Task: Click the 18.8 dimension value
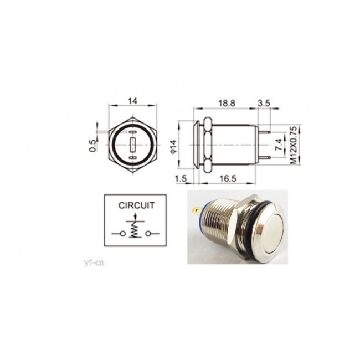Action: (227, 104)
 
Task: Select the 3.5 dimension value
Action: (264, 104)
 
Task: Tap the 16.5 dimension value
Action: (228, 179)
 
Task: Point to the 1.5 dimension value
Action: (181, 179)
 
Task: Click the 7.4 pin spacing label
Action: (279, 145)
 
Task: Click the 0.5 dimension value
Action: (92, 146)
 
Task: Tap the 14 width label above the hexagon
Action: (132, 101)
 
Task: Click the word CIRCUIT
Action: (136, 205)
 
